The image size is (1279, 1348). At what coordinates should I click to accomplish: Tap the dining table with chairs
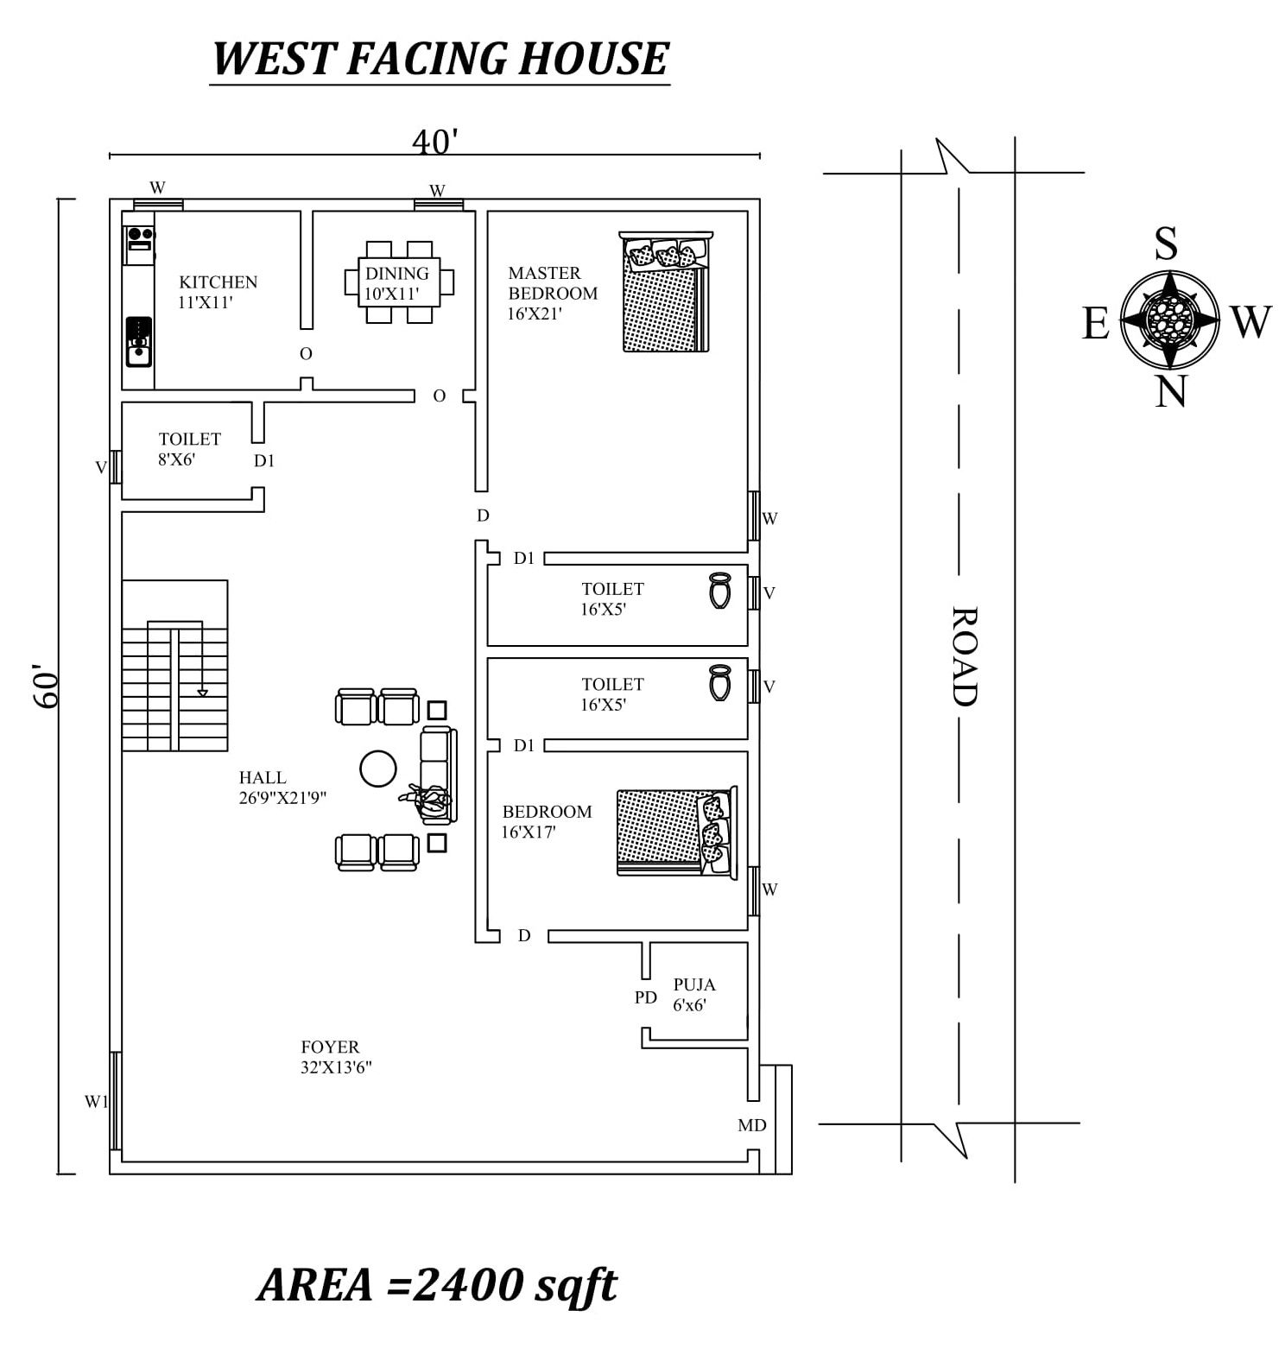[x=399, y=282]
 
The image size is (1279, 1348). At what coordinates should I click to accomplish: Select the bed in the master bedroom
[x=666, y=291]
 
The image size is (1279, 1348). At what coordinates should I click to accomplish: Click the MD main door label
[x=752, y=1125]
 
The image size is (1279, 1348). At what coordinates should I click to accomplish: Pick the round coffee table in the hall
[x=377, y=769]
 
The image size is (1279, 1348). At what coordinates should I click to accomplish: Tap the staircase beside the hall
[x=174, y=665]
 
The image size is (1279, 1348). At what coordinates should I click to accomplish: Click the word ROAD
[x=964, y=656]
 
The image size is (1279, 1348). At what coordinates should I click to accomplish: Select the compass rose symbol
[x=1170, y=320]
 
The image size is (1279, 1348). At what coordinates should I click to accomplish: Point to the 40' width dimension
[x=434, y=142]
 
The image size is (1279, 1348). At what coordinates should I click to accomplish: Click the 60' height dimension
[x=46, y=686]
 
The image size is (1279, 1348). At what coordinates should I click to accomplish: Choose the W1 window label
[x=96, y=1101]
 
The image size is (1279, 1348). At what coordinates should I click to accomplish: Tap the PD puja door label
[x=646, y=997]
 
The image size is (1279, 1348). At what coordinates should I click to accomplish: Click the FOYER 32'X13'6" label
[x=337, y=1057]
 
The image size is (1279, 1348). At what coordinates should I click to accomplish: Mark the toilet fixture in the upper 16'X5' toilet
[x=719, y=592]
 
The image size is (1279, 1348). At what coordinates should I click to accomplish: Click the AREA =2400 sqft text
[x=438, y=1284]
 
